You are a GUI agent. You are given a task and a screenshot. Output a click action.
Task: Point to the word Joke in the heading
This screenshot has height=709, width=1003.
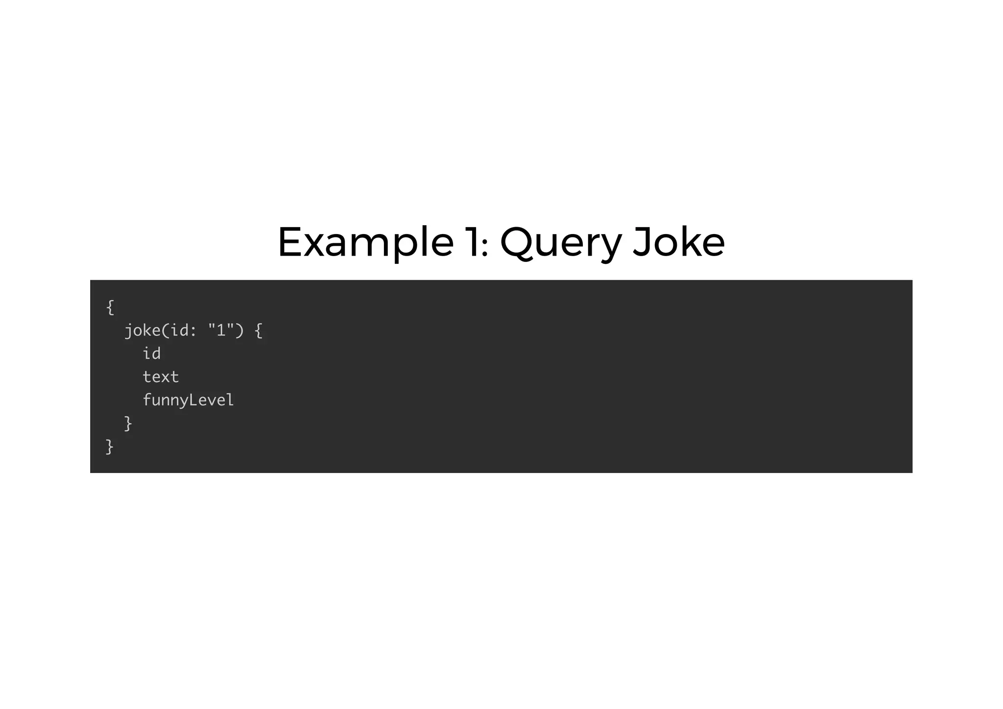click(x=678, y=242)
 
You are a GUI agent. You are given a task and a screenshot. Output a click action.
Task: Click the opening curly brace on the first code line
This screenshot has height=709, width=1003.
click(x=110, y=307)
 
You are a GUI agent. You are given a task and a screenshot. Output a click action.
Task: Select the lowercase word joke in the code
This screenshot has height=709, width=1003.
click(x=143, y=331)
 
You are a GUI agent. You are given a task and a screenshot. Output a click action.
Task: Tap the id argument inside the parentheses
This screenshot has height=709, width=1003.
click(x=179, y=331)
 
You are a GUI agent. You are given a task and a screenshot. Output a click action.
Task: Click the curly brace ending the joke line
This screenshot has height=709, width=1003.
click(x=259, y=331)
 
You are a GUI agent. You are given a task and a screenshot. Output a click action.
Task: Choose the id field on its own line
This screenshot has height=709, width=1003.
click(x=151, y=354)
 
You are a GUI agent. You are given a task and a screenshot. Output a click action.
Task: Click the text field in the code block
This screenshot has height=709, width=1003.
click(x=161, y=377)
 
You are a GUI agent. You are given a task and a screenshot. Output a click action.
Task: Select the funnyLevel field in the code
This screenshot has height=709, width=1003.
click(x=188, y=401)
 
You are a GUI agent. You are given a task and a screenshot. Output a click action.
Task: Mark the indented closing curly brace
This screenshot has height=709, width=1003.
click(x=128, y=424)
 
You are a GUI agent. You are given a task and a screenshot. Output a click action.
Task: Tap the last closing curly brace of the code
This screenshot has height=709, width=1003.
click(x=110, y=447)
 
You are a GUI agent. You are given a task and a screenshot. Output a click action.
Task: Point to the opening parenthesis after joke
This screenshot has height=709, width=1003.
click(x=165, y=331)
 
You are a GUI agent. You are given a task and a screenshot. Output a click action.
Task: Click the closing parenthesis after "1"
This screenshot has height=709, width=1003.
click(x=239, y=331)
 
